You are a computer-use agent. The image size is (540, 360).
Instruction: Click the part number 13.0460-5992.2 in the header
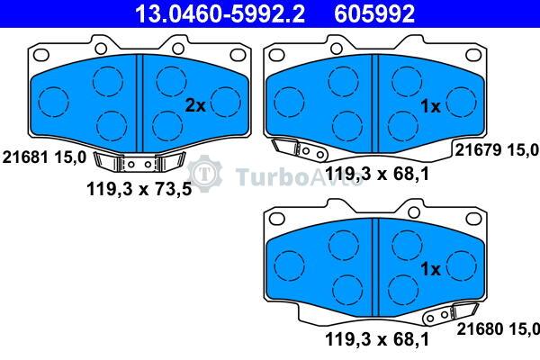pyautogui.click(x=220, y=13)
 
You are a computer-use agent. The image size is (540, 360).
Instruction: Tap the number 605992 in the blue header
pyautogui.click(x=374, y=13)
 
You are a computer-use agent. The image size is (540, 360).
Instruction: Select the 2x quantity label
pyautogui.click(x=195, y=105)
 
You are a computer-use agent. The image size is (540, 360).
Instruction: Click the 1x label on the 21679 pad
pyautogui.click(x=430, y=106)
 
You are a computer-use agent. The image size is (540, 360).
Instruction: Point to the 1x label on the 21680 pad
pyautogui.click(x=430, y=269)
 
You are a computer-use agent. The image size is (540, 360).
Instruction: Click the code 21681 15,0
pyautogui.click(x=44, y=157)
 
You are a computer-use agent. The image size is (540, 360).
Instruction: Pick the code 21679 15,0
pyautogui.click(x=497, y=150)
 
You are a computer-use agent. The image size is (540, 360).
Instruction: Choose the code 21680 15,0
pyautogui.click(x=498, y=328)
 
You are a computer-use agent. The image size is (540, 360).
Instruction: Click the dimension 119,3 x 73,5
pyautogui.click(x=139, y=189)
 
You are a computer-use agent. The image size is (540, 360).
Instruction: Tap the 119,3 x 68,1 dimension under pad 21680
pyautogui.click(x=377, y=339)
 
